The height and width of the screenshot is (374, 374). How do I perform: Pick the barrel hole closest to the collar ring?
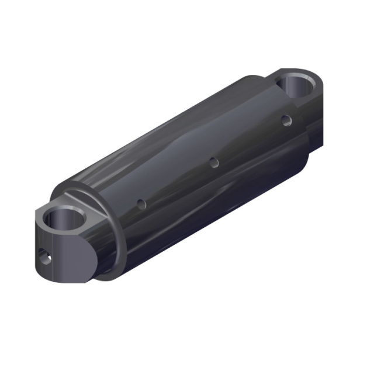click(141, 204)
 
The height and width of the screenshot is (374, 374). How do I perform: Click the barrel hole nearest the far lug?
click(285, 121)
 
